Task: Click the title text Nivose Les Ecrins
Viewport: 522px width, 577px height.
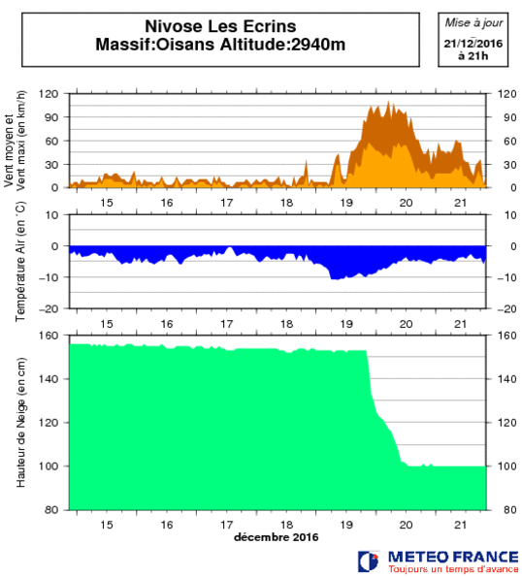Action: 220,26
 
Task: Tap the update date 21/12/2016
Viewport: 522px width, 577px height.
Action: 473,44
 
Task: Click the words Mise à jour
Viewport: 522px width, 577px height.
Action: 473,23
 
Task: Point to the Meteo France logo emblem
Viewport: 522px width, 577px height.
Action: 368,561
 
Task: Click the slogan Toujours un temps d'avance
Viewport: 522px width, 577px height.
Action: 453,569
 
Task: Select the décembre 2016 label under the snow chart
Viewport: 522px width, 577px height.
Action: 277,537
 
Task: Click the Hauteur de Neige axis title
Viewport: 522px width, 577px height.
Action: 21,423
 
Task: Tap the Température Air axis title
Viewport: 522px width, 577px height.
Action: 20,261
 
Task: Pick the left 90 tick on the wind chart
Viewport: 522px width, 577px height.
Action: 51,117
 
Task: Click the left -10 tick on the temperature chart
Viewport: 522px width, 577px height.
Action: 49,277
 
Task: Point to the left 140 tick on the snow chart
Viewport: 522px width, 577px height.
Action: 49,379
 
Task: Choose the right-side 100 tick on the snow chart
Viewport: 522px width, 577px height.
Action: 506,466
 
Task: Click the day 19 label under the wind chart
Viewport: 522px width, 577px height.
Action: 346,203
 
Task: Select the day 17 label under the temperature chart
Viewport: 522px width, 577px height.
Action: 227,324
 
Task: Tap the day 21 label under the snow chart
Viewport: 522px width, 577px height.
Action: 461,525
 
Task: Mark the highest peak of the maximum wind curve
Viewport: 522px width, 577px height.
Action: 388,101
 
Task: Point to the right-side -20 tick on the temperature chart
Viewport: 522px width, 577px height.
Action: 506,309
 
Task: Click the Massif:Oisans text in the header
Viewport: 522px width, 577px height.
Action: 155,45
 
